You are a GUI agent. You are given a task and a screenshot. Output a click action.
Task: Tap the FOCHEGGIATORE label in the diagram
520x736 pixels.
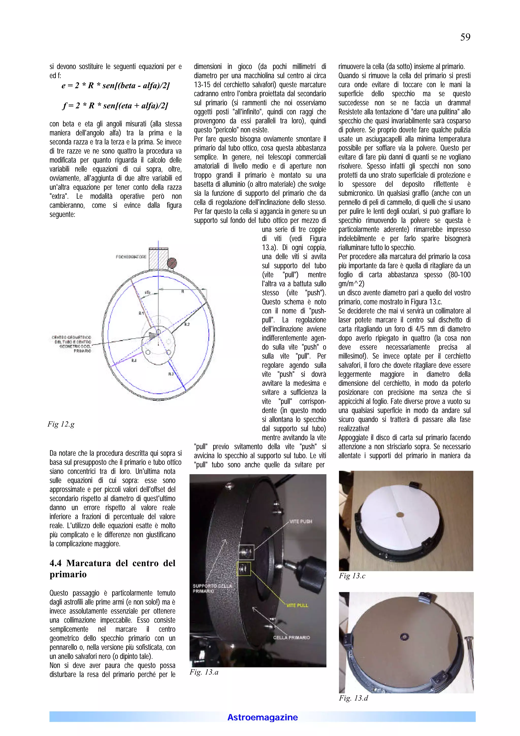tap(131, 257)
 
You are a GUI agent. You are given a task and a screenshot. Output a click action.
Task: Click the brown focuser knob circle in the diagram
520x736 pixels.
tap(172, 263)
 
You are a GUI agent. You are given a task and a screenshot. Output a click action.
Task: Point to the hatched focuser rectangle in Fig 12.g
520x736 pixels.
tap(159, 258)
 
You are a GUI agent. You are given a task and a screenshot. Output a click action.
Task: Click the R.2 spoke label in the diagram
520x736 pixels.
tap(187, 324)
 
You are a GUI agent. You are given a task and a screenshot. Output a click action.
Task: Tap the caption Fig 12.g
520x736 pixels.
tap(61, 424)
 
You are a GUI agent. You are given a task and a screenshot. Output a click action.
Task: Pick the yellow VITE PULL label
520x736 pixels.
tap(297, 605)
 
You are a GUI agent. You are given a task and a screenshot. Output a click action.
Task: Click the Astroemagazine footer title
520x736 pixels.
tap(262, 717)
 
